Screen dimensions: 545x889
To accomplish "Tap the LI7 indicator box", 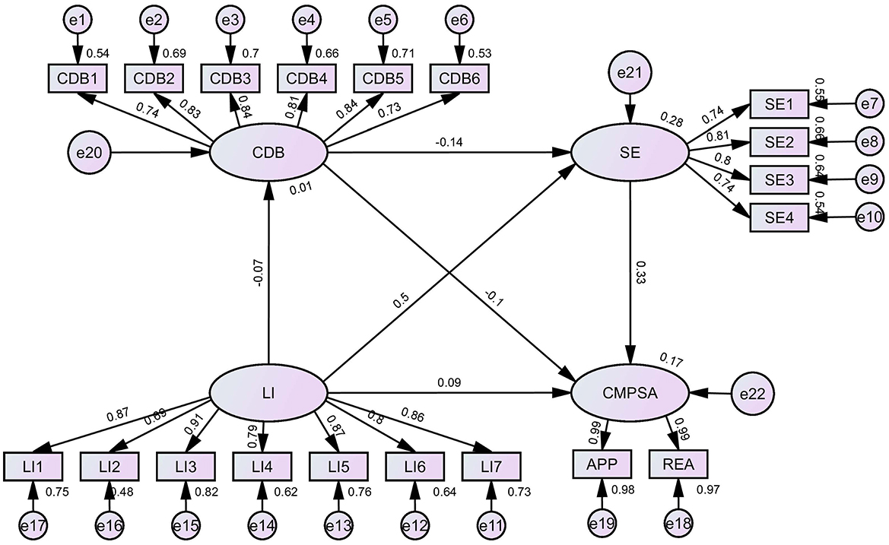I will [491, 464].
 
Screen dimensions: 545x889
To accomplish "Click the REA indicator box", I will [678, 464].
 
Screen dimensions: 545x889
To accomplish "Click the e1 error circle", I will [76, 21].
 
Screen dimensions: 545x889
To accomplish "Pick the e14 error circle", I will [262, 524].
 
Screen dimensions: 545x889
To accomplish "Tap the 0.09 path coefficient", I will [449, 382].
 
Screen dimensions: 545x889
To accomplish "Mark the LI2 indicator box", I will [108, 464].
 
